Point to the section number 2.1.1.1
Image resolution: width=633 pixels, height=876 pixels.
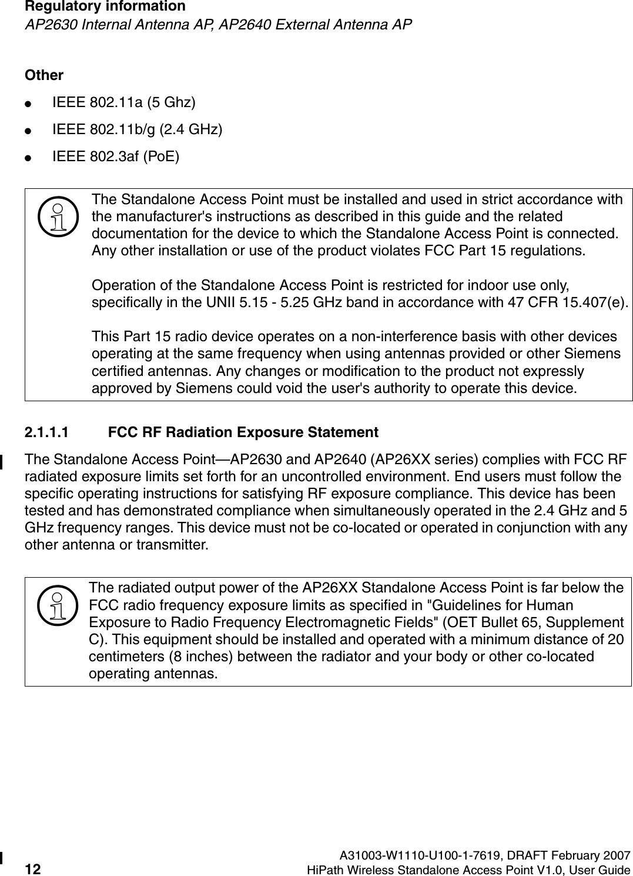click(x=46, y=433)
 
